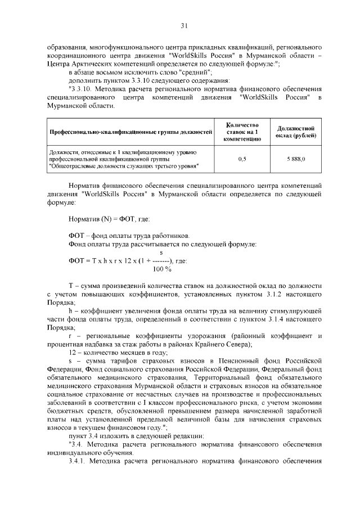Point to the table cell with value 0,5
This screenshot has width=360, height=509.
242,159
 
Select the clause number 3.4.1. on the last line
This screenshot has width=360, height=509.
79,462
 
